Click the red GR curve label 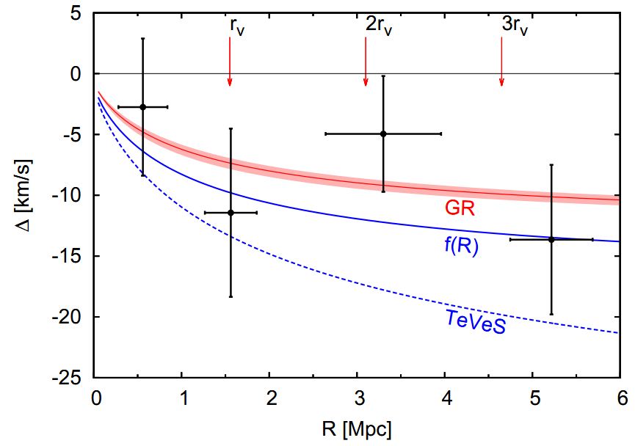(460, 208)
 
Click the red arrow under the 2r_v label (366, 62)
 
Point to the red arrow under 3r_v (501, 62)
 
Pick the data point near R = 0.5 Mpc (142, 107)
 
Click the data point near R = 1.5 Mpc (231, 213)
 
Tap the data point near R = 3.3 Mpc (383, 134)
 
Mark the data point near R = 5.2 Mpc (551, 239)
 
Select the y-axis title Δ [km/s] (26, 194)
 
